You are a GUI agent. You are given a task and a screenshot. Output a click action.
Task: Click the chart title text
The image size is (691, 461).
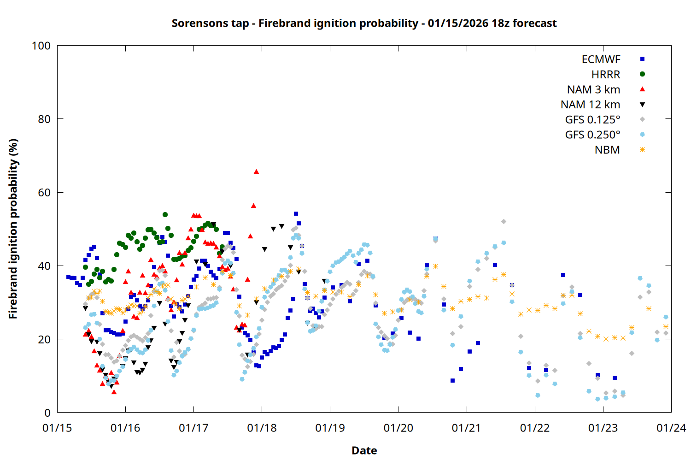coord(364,23)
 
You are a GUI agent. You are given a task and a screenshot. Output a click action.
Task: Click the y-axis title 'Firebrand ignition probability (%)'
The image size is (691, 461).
coord(13,229)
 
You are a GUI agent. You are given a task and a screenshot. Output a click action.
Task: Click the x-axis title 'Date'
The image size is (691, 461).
coord(364,450)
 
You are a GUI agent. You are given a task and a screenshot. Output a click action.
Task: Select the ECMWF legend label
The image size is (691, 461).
coord(601,59)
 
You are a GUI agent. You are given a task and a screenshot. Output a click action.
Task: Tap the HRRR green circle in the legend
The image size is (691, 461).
coord(642,74)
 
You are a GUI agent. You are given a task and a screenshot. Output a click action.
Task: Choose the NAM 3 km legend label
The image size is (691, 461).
coord(593,89)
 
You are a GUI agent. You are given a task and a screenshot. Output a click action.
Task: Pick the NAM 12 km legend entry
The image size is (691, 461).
coord(590,105)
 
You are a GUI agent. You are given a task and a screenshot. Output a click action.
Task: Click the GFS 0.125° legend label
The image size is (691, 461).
coord(592,120)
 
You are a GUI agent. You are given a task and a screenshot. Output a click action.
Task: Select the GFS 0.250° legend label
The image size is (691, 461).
coord(592,135)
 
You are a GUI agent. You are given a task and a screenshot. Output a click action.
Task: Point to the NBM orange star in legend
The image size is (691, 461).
coord(642,150)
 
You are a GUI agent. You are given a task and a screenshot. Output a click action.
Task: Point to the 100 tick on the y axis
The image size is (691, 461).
coord(41,46)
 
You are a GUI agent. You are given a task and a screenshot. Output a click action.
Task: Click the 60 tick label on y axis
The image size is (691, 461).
coord(44,192)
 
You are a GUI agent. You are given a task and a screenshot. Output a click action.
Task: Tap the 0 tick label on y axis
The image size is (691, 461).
coord(47,413)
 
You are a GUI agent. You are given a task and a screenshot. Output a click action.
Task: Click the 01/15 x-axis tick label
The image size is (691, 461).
coord(57,428)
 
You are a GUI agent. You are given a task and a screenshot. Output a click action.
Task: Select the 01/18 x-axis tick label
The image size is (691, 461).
coord(262,428)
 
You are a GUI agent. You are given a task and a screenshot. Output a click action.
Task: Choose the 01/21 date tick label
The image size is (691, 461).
coord(467,428)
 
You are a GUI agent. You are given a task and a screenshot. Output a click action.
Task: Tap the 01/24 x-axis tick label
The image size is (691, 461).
coord(671,428)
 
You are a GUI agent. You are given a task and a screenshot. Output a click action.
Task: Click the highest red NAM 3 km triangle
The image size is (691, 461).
coord(256,171)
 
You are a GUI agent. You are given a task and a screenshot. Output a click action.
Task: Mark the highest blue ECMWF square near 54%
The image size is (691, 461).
coord(296,214)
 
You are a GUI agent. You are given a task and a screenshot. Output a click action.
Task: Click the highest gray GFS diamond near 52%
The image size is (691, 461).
coord(504,222)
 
